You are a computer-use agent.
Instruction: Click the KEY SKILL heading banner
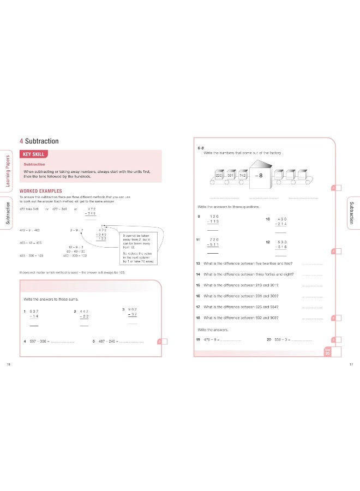[34, 154]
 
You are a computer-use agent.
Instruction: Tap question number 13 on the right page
[198, 264]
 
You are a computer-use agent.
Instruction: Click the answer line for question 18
[311, 319]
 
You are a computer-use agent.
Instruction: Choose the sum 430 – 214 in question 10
[281, 221]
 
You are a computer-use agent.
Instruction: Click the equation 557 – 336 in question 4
[40, 342]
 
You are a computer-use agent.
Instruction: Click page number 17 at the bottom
[351, 364]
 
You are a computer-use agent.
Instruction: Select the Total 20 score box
[327, 352]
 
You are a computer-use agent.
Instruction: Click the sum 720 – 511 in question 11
[213, 243]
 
